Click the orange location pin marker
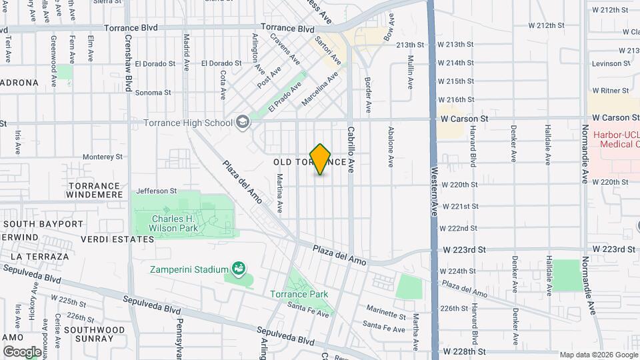tap(321, 159)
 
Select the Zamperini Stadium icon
tap(238, 269)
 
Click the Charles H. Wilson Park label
tap(175, 223)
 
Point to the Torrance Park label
tap(299, 294)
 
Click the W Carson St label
tap(465, 118)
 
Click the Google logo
tap(22, 351)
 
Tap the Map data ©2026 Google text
tap(598, 355)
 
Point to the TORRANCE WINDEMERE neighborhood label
tap(94, 190)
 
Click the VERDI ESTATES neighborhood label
tap(117, 239)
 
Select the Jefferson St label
tap(157, 191)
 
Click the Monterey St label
tap(103, 157)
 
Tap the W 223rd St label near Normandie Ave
tap(614, 249)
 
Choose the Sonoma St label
tap(153, 93)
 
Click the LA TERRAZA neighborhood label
tap(39, 256)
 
